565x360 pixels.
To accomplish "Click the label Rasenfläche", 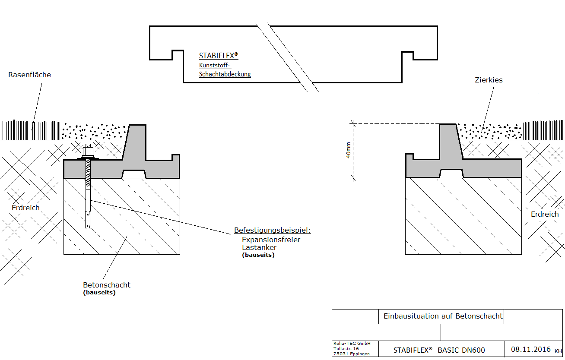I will pos(29,75).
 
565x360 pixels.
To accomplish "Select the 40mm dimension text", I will pos(349,150).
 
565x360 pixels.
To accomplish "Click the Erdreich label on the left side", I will pos(25,208).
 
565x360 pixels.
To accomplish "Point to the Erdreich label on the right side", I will pos(545,214).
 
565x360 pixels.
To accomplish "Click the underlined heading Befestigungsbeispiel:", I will pos(272,230).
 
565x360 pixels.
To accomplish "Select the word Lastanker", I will pos(259,247).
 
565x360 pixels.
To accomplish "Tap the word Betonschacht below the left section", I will pos(107,285).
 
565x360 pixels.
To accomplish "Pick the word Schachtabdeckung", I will pos(225,74).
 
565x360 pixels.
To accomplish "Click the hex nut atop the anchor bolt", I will pos(88,151).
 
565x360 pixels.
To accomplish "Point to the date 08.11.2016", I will pos(531,349).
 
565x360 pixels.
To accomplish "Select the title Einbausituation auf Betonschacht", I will pos(443,316).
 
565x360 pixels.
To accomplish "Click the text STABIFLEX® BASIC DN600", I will pos(439,350).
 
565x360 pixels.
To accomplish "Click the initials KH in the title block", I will pos(558,351).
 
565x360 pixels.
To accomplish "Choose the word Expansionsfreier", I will pos(271,240).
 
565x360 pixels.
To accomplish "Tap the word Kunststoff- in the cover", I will pos(215,66).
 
